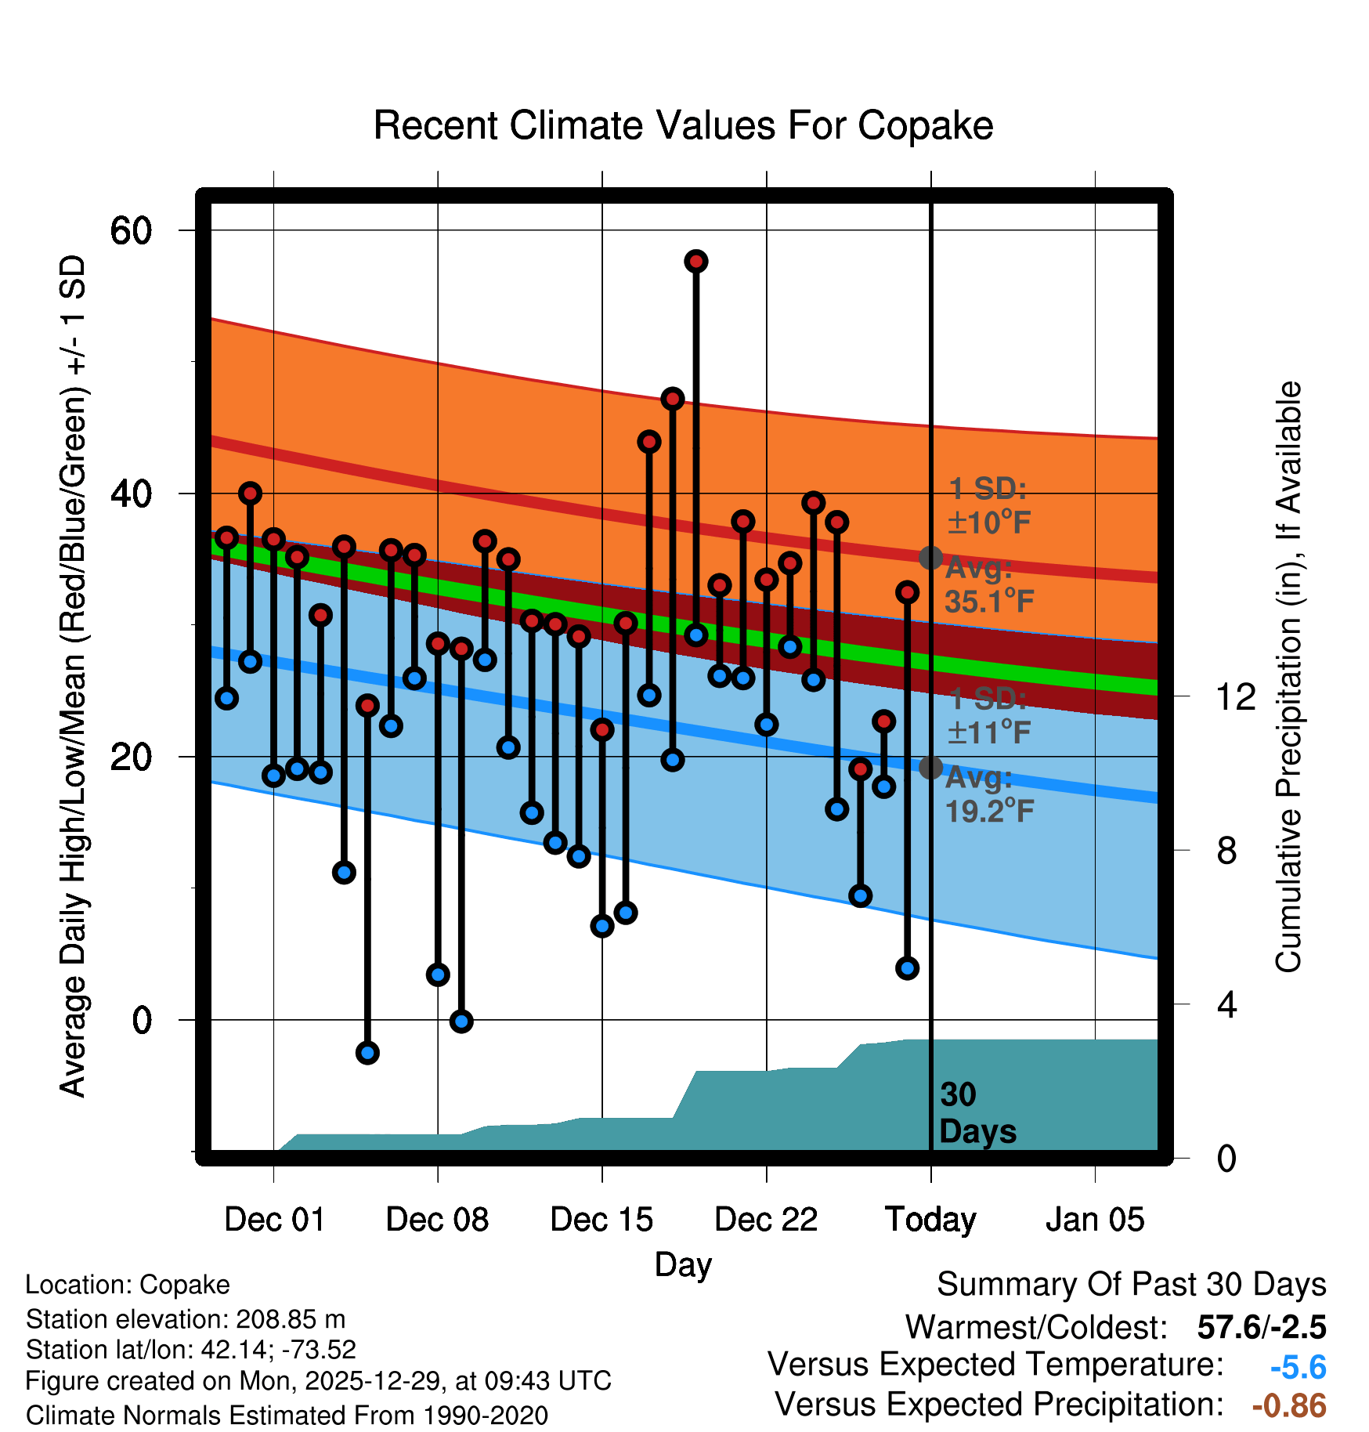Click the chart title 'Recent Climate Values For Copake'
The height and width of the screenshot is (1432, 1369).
click(683, 125)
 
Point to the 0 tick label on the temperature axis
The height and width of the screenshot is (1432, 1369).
click(142, 1020)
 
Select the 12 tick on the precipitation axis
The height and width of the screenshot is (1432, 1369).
click(1235, 696)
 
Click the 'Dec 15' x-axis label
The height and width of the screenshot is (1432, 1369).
click(601, 1220)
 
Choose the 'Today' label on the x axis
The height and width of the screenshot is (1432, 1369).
click(930, 1220)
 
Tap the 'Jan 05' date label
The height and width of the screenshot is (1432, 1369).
click(1095, 1220)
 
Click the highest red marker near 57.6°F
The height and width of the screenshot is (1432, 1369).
click(696, 261)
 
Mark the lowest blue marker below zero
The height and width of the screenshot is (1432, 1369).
click(367, 1053)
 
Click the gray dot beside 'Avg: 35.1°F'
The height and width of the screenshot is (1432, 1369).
click(930, 558)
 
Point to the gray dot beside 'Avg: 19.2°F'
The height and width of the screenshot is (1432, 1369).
click(930, 767)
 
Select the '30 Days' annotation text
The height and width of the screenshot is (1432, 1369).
click(977, 1113)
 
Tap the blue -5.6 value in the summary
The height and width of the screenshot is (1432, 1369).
click(1298, 1368)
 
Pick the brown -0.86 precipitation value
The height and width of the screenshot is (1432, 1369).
click(1289, 1405)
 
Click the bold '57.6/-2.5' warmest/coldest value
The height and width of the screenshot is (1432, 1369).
click(1262, 1327)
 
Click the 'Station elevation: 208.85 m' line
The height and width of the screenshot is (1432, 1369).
click(186, 1319)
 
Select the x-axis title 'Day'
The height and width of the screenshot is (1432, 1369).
click(683, 1264)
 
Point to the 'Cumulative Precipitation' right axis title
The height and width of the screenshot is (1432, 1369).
click(1288, 678)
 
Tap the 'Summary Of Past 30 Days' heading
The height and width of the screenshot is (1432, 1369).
click(1131, 1285)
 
